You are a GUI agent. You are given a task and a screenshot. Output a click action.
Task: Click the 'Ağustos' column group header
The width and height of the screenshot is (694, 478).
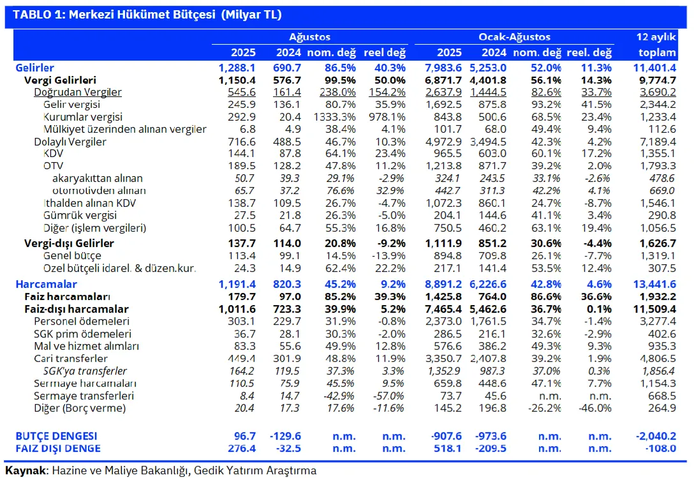tap(309, 37)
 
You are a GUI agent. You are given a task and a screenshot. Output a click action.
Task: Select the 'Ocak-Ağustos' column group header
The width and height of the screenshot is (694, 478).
tap(514, 37)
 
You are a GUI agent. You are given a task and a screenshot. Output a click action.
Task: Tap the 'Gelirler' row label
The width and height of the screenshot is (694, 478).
tap(34, 68)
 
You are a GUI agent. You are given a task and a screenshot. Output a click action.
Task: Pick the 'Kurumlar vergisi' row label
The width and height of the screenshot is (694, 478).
tap(83, 117)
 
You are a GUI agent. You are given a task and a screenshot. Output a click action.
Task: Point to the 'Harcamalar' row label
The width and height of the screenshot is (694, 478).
tap(46, 284)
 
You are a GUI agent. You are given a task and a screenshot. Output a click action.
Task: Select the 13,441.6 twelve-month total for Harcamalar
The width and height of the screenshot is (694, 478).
tap(654, 284)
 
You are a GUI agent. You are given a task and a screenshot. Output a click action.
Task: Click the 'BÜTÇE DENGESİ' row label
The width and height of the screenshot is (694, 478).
tap(56, 436)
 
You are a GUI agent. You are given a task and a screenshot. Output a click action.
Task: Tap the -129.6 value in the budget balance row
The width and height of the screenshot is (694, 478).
tap(285, 436)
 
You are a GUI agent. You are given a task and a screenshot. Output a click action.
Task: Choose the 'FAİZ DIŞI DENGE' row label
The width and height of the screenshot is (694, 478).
tap(58, 448)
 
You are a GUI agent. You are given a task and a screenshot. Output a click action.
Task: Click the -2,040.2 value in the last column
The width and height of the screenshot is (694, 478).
tap(656, 436)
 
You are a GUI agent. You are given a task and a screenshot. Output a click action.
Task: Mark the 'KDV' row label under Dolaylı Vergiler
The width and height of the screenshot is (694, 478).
tap(53, 153)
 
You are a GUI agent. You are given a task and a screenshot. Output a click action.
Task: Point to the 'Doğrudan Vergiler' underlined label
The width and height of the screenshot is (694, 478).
tap(77, 92)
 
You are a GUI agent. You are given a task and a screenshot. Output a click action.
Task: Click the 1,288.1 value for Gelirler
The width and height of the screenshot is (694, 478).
tap(237, 68)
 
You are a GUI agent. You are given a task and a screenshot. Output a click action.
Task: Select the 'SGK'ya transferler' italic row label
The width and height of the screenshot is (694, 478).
tap(85, 371)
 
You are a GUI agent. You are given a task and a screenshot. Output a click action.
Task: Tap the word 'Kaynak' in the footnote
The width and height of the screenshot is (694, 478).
tap(26, 470)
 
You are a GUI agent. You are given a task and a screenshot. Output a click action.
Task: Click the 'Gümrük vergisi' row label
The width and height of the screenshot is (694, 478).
tap(80, 215)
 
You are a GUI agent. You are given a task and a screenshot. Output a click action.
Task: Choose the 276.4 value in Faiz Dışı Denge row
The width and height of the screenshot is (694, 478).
tap(242, 448)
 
